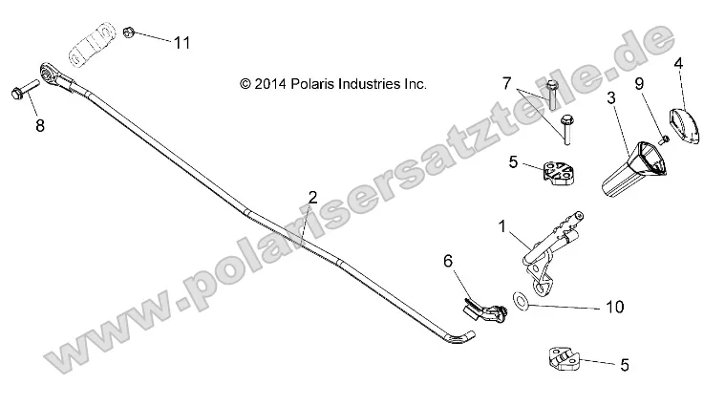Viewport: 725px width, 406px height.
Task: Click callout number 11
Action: [181, 42]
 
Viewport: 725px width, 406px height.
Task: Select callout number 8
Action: [40, 125]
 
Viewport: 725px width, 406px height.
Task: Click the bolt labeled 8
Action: [21, 93]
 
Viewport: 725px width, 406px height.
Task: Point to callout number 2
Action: [312, 198]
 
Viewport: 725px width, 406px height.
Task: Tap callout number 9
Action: [639, 83]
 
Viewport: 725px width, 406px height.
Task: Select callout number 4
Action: [679, 64]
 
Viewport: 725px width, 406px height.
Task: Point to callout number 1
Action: [501, 225]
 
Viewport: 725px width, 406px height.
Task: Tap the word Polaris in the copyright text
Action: [314, 84]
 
